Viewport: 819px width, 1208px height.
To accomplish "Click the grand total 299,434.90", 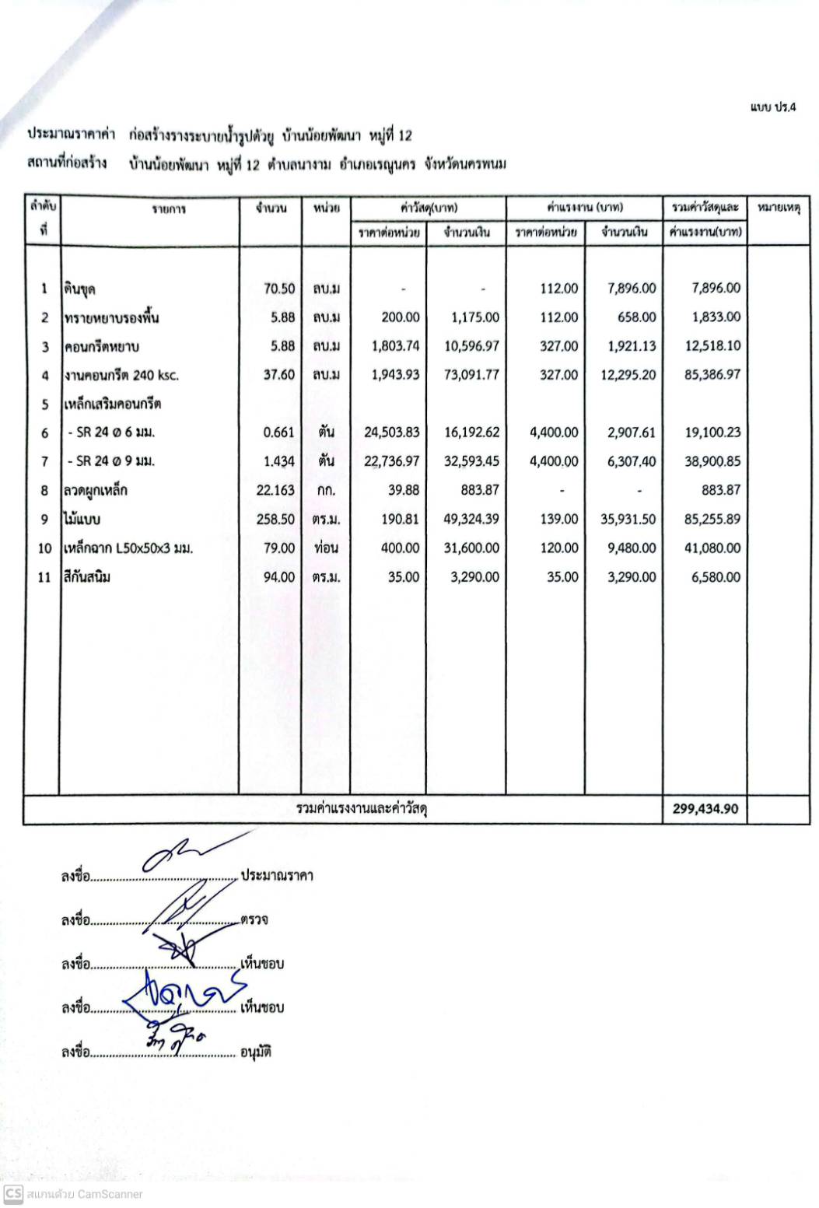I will (705, 809).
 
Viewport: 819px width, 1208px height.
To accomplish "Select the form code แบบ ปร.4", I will (773, 107).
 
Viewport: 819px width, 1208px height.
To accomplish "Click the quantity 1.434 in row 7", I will (279, 461).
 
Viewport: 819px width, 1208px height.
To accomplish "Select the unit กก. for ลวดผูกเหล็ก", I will (326, 490).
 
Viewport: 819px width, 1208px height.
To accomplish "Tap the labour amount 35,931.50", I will (628, 519).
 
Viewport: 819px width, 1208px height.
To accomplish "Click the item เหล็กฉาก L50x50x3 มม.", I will (128, 548).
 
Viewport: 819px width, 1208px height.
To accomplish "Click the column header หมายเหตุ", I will (778, 208).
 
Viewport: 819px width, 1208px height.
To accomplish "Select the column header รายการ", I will (169, 208).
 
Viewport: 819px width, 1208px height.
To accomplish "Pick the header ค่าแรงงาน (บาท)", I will (585, 208).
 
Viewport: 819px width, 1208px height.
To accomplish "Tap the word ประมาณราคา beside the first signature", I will (278, 875).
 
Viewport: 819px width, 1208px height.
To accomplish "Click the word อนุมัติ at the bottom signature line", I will (256, 1052).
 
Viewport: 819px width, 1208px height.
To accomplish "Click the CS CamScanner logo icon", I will (12, 1194).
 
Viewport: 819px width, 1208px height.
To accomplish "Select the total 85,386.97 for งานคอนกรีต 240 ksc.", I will (712, 375).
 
